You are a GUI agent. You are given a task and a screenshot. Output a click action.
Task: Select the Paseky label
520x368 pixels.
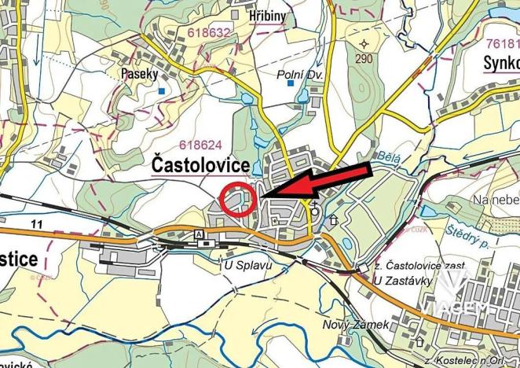[x=140, y=73]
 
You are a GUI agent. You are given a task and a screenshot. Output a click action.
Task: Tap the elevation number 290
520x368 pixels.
[x=363, y=60]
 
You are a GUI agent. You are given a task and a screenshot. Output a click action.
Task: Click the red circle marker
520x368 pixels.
[x=238, y=198]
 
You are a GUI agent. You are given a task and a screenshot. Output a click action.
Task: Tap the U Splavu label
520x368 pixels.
[x=248, y=267]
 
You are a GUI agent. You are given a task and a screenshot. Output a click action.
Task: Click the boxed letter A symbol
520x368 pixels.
[x=198, y=235]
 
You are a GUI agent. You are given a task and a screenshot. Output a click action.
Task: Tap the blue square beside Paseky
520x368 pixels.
[x=160, y=91]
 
